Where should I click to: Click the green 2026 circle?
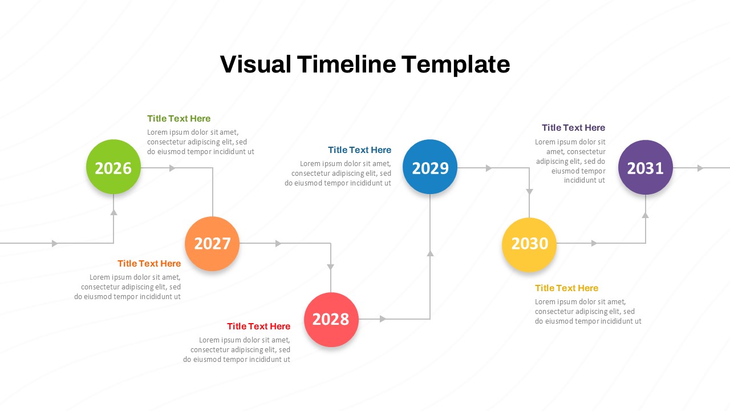(x=113, y=167)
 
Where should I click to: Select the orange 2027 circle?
(x=212, y=243)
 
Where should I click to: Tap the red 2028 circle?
(x=331, y=319)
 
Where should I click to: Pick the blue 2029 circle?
(x=430, y=167)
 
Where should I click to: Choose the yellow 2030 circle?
(x=529, y=244)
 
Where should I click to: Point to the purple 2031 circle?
(x=646, y=167)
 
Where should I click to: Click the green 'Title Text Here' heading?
(x=179, y=119)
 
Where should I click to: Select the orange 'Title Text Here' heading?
(x=149, y=264)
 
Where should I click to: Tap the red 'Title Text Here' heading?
(x=258, y=327)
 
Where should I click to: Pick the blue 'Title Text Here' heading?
(x=359, y=150)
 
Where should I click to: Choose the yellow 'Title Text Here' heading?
(x=566, y=288)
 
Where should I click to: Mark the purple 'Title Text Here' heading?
(x=573, y=128)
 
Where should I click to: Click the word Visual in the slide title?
(x=255, y=65)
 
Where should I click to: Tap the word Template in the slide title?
(x=455, y=65)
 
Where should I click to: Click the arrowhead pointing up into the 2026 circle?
(x=113, y=212)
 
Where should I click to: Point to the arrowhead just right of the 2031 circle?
(x=700, y=168)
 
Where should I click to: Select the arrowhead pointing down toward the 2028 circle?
(x=331, y=267)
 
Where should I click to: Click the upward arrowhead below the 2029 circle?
(x=430, y=252)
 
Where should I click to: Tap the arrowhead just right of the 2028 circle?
(x=383, y=319)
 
